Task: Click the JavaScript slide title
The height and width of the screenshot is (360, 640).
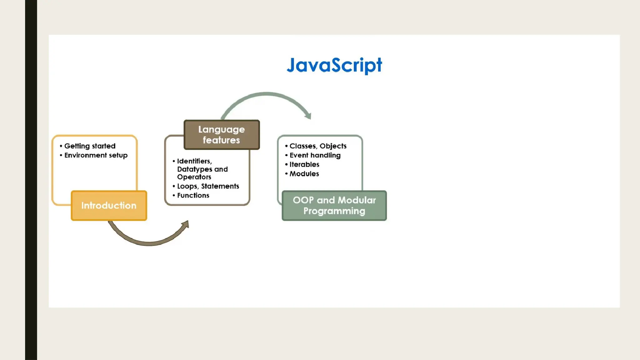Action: coord(334,65)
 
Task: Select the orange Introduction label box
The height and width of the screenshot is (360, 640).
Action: coord(109,206)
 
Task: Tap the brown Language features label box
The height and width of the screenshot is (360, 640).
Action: coord(222,135)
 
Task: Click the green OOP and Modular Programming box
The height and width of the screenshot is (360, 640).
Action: coord(334,206)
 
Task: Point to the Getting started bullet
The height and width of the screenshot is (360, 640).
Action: coord(90,146)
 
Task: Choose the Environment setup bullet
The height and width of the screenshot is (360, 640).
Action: coord(96,155)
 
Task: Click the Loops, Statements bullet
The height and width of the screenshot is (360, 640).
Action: coord(208,186)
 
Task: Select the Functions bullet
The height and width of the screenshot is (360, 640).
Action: coord(193,195)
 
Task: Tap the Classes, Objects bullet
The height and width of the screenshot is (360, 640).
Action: coord(318,146)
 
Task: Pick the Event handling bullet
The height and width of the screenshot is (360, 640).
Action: coord(315,155)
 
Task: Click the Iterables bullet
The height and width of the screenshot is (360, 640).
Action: coord(304,164)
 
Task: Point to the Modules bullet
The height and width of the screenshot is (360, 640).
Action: coord(304,174)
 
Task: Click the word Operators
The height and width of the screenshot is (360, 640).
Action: coord(194,177)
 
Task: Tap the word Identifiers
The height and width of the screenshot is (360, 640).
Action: coord(194,161)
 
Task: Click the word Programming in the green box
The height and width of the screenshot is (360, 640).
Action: coord(334,211)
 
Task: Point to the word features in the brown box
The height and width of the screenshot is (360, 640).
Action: coord(221,140)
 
